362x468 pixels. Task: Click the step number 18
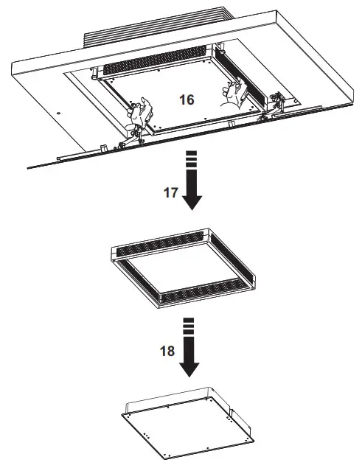[x=167, y=351]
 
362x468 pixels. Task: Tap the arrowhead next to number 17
[x=192, y=200]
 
